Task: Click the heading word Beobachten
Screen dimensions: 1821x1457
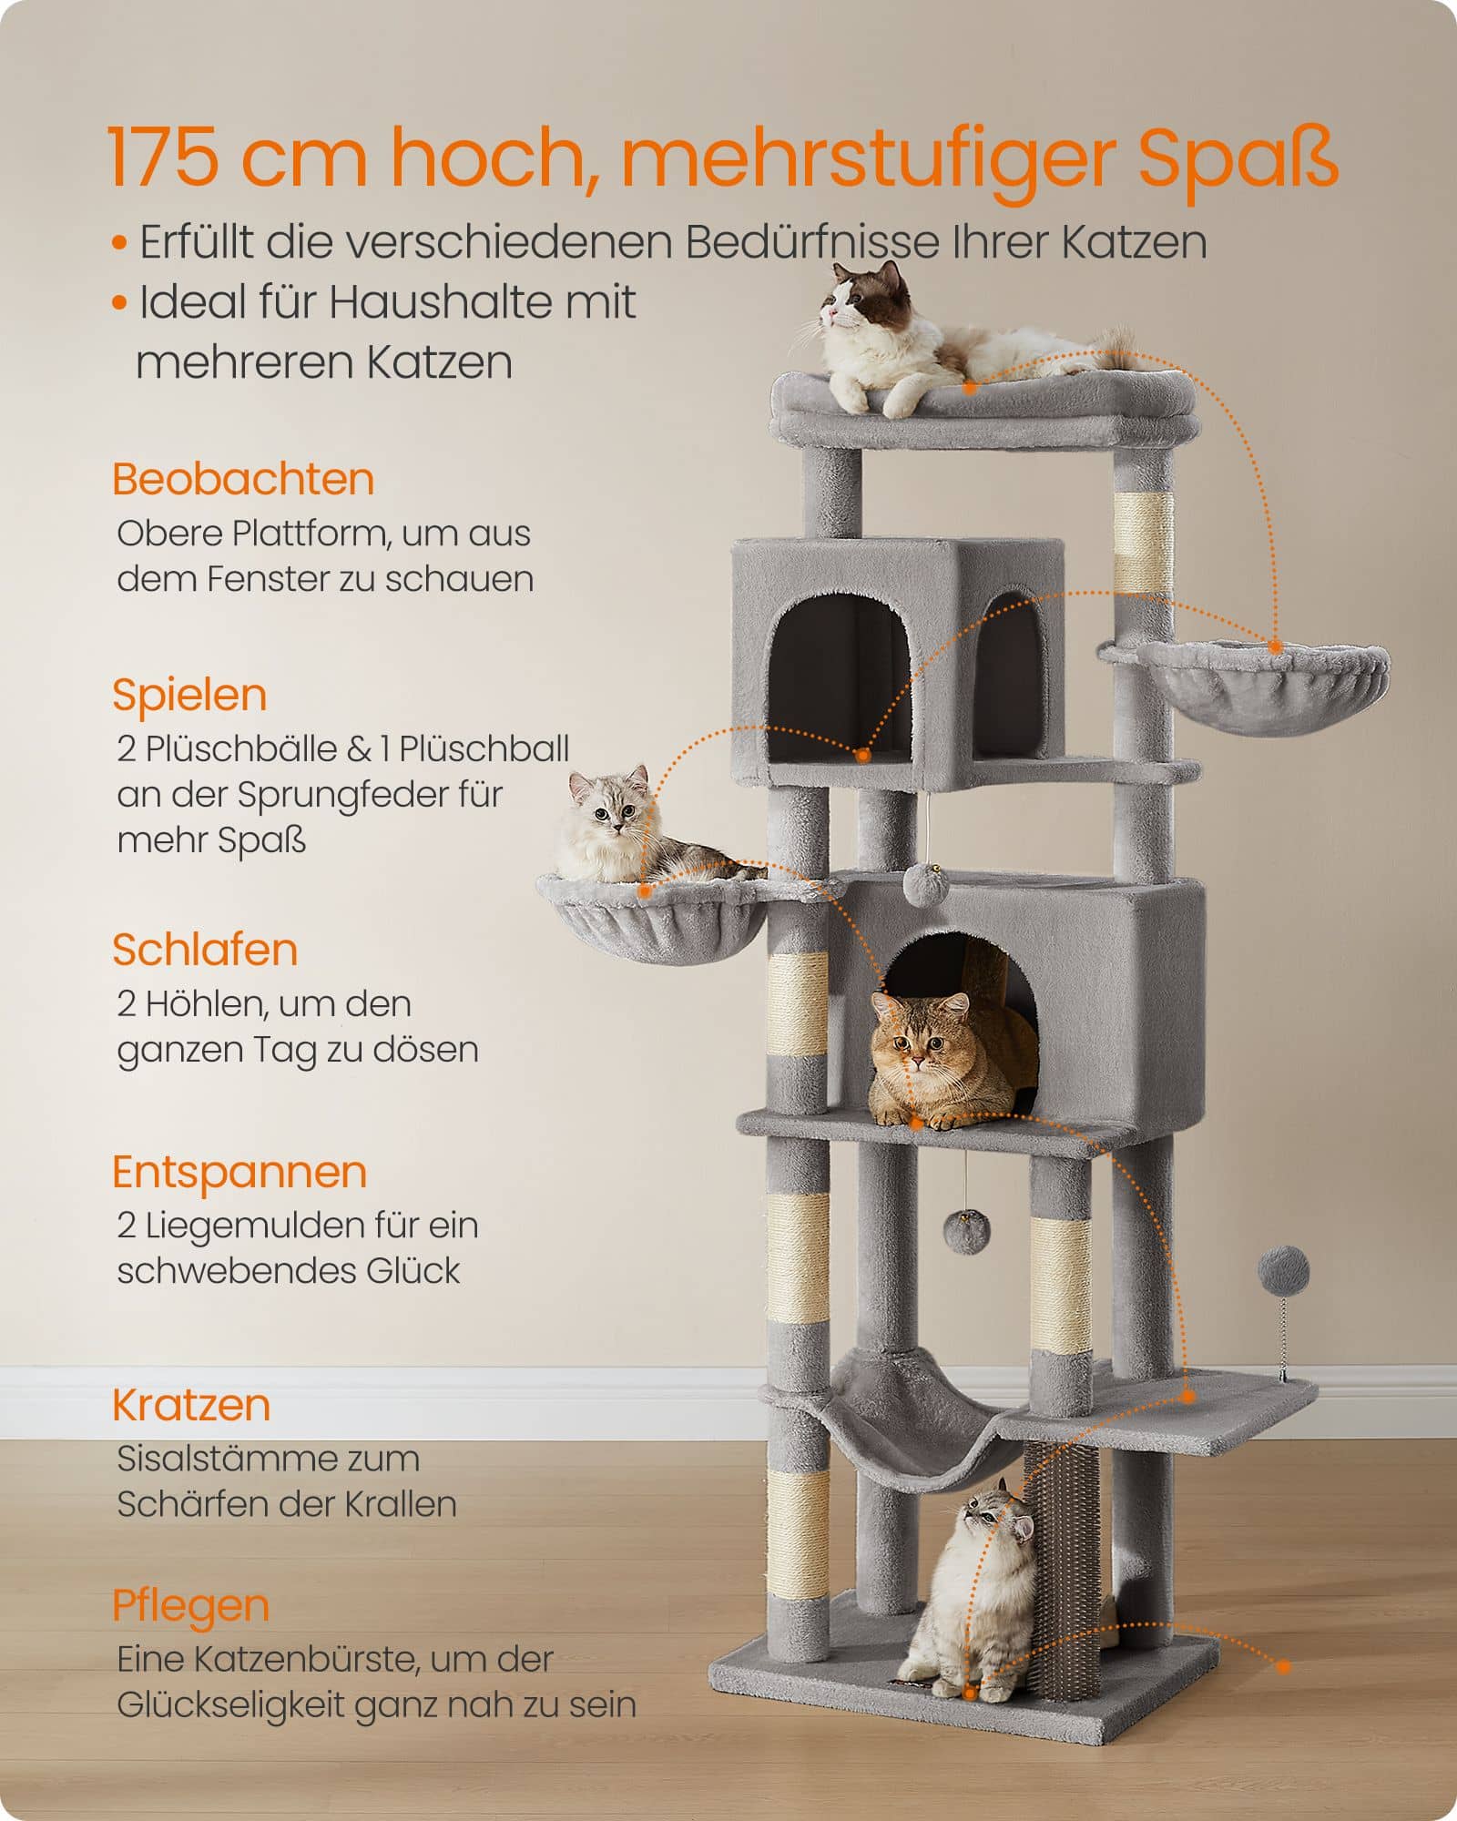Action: pos(242,480)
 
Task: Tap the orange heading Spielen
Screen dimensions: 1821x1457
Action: pos(189,696)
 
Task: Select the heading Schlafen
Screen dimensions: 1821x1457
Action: pos(205,950)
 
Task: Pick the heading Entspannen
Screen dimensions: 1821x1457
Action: pos(239,1172)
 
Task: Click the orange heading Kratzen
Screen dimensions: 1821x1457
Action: pos(191,1405)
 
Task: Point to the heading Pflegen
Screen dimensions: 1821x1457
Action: pos(190,1605)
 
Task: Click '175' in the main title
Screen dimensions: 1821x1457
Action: pos(164,157)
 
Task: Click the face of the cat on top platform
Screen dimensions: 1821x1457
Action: pos(851,305)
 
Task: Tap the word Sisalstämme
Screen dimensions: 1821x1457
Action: pos(268,1459)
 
